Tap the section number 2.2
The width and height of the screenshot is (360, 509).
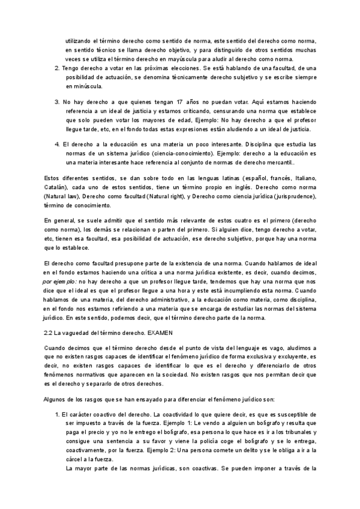coord(50,331)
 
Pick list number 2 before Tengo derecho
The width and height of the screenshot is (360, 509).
coord(57,69)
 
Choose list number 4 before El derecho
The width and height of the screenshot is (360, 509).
coord(57,145)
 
